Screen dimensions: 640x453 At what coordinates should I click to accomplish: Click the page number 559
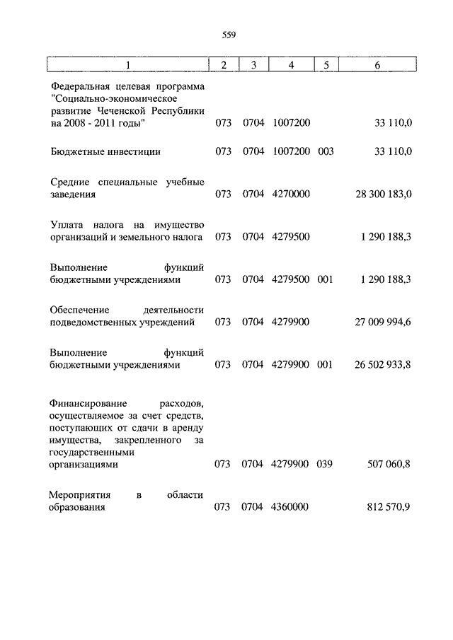pos(227,34)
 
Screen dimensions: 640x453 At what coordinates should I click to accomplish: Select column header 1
pos(128,65)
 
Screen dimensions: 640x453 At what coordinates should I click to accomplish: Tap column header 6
pos(377,65)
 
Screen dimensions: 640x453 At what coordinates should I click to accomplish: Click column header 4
pos(291,65)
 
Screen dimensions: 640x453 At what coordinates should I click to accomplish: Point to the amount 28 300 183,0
pos(383,193)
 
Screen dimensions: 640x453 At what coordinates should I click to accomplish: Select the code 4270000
pos(290,193)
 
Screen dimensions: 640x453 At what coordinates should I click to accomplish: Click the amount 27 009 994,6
pos(383,322)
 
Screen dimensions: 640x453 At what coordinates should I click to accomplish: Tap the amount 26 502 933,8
pos(383,364)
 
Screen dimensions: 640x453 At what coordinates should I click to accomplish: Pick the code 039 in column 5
pos(325,465)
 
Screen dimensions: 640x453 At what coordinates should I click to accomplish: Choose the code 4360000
pos(290,507)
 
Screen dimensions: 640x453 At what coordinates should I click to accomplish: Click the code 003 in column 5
pos(325,151)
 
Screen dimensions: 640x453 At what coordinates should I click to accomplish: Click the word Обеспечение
pos(79,310)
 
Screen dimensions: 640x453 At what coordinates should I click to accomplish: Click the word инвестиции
pos(134,151)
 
